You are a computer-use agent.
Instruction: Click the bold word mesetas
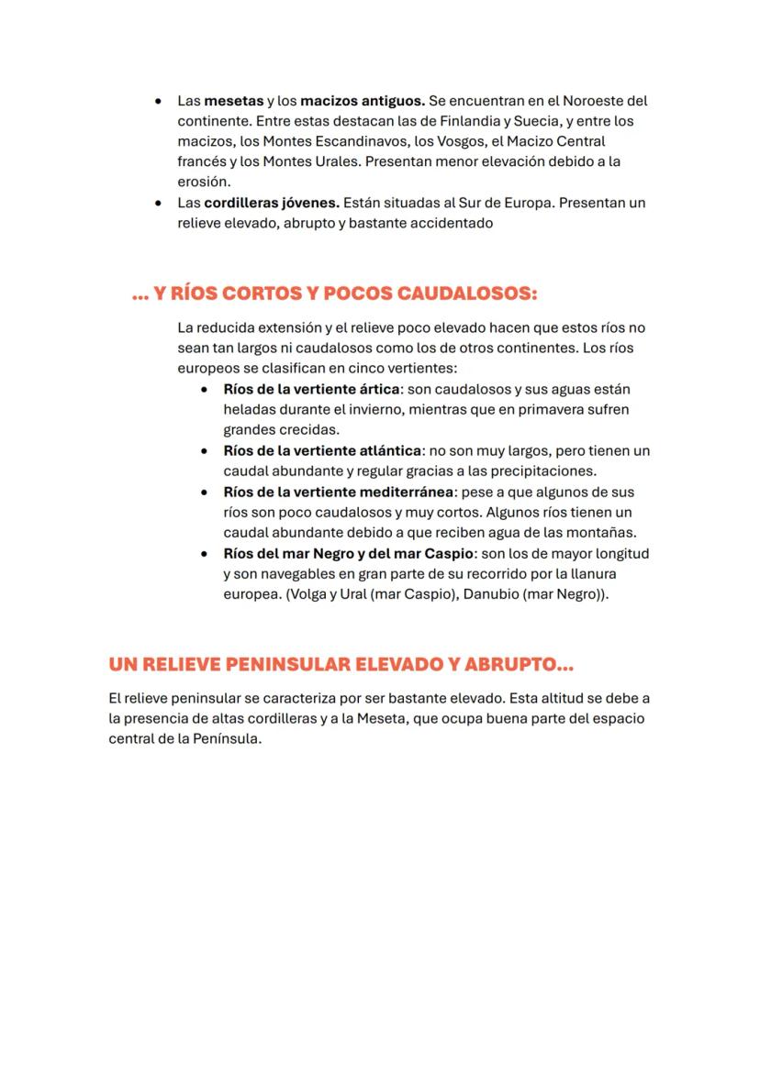click(x=233, y=101)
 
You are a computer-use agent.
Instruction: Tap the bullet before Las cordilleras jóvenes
click(x=160, y=203)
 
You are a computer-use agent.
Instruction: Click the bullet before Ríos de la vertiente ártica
click(x=206, y=390)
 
